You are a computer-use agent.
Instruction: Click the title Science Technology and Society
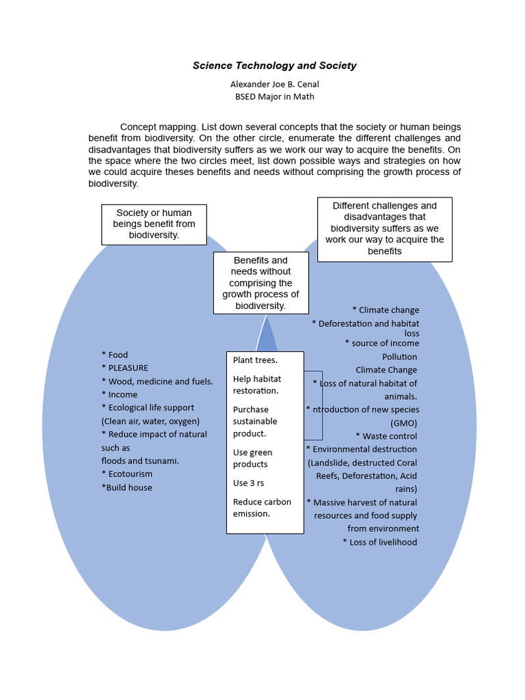pos(274,66)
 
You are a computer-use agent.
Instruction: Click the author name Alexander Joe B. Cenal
pos(274,84)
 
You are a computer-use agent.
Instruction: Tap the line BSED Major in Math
pos(274,96)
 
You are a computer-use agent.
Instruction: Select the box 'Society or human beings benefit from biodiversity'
pos(154,224)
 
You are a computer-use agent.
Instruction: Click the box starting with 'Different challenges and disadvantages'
pos(384,229)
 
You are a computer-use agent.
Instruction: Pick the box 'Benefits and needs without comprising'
pos(260,283)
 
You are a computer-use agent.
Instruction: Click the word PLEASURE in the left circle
pos(128,368)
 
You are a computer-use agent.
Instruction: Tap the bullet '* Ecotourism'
pos(127,474)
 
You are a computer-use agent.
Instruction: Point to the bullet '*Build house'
pos(126,487)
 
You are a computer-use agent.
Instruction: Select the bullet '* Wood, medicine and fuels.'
pos(157,381)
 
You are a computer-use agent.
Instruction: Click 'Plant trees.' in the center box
pos(255,360)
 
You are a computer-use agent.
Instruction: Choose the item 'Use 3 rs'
pos(248,483)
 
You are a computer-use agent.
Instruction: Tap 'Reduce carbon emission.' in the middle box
pos(262,507)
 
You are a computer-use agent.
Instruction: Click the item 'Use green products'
pos(252,458)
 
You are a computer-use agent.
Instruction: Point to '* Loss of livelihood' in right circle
pos(380,542)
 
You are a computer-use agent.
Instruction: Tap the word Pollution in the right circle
pos(399,357)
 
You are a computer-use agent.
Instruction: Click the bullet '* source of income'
pos(382,343)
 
